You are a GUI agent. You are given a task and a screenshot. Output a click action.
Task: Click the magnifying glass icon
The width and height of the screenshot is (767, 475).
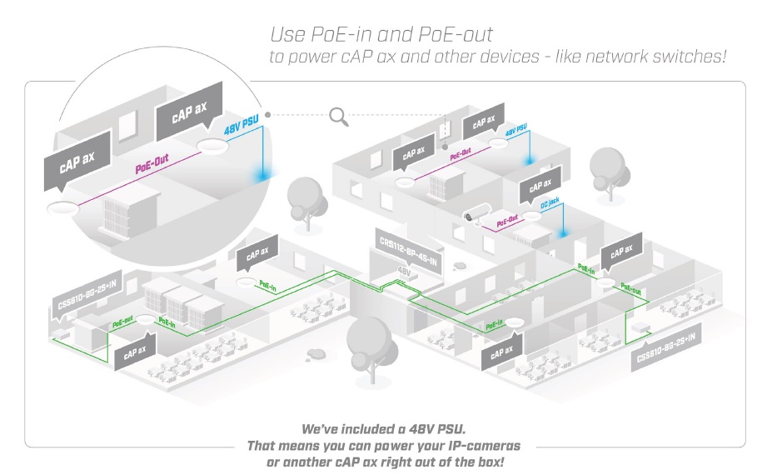tap(338, 116)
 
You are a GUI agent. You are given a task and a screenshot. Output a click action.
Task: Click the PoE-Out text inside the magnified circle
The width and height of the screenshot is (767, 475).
tap(153, 165)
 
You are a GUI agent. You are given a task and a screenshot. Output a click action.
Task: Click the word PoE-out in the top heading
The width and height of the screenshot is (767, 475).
tap(456, 35)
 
